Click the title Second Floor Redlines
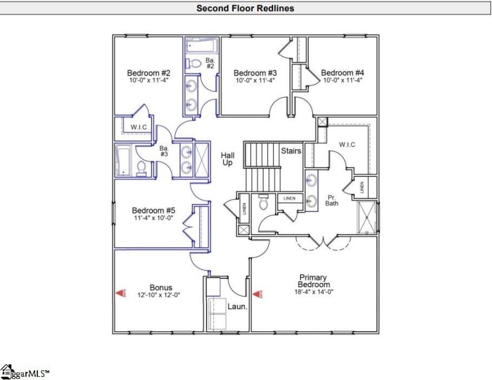(x=245, y=8)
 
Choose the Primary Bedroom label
(x=314, y=281)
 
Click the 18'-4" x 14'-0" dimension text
(x=314, y=292)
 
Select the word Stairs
(x=290, y=150)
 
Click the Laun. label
(x=237, y=306)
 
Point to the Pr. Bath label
(x=331, y=199)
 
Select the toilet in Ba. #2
(x=192, y=63)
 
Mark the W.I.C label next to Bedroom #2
(x=137, y=126)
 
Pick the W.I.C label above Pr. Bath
(x=347, y=145)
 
